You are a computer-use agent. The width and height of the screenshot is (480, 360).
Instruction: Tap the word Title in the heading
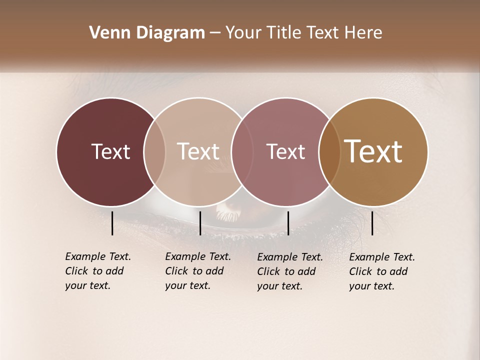click(284, 33)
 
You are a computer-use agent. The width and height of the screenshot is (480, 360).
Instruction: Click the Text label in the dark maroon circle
click(110, 151)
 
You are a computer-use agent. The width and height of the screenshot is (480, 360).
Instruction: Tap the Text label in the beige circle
click(198, 151)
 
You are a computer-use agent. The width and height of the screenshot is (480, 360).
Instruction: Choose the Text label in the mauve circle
click(285, 151)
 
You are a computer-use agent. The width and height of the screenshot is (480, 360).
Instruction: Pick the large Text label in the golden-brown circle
click(373, 151)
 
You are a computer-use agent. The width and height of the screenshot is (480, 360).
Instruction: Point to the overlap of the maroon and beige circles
click(154, 151)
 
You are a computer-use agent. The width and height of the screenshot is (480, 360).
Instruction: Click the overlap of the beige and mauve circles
click(242, 151)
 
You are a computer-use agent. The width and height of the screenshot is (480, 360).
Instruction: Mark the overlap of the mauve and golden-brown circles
click(329, 151)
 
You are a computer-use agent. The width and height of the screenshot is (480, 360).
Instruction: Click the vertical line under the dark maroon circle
click(112, 223)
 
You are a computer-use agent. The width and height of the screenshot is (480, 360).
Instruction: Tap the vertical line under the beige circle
click(200, 223)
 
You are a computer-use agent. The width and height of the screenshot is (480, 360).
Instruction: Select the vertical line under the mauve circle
click(288, 223)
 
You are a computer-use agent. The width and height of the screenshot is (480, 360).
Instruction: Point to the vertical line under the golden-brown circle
click(372, 223)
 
